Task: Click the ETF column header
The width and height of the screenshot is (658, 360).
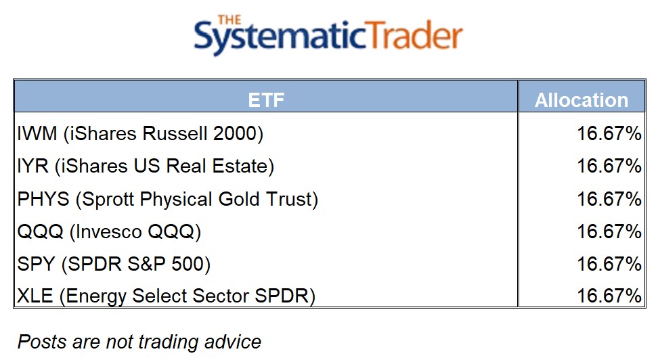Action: point(266,100)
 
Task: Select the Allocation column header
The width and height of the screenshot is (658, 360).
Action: point(582,100)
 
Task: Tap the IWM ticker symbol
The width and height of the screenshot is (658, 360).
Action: point(37,133)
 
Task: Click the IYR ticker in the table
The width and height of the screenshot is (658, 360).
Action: point(32,166)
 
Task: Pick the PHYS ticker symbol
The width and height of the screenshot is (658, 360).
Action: point(43,199)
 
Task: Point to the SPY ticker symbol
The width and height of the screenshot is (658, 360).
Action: point(36,264)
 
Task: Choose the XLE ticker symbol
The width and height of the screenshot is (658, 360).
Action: point(35,296)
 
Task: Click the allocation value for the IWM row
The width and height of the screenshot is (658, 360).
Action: point(609,133)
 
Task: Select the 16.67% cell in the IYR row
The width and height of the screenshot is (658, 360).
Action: point(609,166)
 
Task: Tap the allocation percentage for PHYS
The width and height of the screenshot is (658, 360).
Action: point(609,199)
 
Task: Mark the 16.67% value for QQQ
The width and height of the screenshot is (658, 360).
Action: point(609,231)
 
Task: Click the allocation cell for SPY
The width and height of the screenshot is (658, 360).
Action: point(609,264)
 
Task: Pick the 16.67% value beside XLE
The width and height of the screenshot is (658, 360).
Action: point(609,296)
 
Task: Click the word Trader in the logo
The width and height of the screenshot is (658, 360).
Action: point(414,35)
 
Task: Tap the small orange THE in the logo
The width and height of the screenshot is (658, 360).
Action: point(229,20)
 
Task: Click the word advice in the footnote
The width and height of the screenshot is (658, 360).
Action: point(233,342)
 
